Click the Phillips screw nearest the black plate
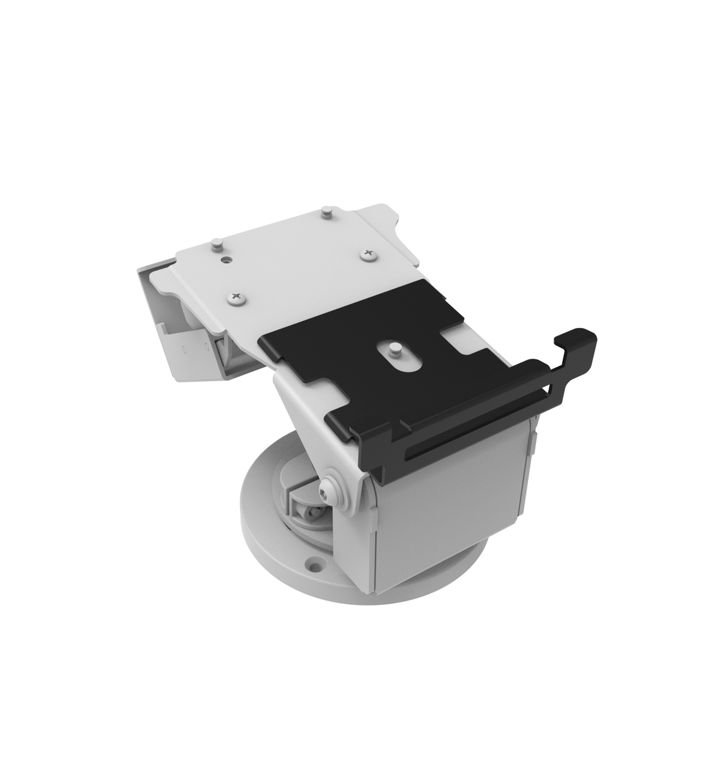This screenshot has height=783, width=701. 237,298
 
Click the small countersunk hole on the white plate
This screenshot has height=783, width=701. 227,260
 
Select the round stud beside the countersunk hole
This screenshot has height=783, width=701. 216,245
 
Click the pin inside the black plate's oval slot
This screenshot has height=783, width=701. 395,351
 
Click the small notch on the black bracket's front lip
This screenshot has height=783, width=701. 404,425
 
